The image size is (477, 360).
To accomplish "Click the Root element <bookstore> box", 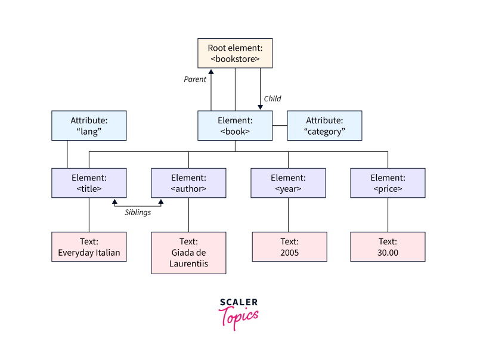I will (x=235, y=53).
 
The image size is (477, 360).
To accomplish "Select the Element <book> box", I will (x=235, y=125).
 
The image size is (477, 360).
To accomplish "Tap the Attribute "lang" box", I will (x=89, y=125).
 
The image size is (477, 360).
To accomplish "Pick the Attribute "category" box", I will (x=324, y=125).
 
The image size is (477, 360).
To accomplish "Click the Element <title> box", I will (x=89, y=183).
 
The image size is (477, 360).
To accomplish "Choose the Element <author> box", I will (x=188, y=183).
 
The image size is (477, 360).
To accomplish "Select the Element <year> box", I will (x=288, y=183).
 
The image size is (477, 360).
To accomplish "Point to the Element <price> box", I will (x=388, y=183).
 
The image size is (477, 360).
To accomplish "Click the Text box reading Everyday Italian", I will (x=89, y=247).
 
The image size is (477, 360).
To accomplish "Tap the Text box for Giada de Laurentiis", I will (x=188, y=253).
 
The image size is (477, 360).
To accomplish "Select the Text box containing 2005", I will (x=288, y=247).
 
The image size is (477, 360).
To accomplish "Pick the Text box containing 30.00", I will (x=388, y=247).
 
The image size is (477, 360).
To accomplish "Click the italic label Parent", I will (x=194, y=79).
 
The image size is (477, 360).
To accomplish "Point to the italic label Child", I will (x=272, y=98).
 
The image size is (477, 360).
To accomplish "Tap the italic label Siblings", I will (x=137, y=212).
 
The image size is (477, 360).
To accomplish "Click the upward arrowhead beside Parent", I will (x=210, y=72).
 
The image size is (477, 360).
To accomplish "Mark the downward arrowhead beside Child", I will (x=260, y=107).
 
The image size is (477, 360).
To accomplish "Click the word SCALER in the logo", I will (x=238, y=302).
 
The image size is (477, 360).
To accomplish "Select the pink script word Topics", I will (x=240, y=316).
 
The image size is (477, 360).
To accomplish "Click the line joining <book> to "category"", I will (x=280, y=125).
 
